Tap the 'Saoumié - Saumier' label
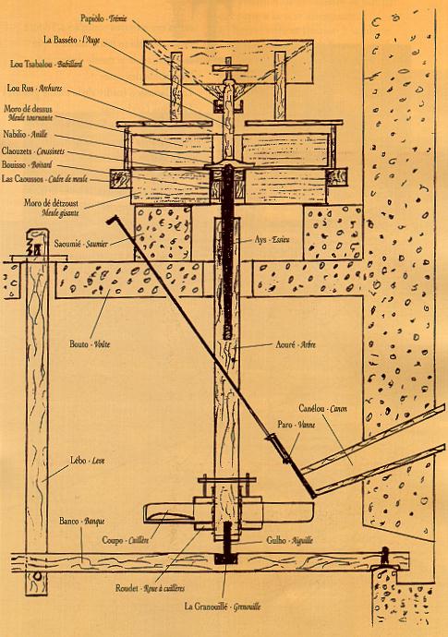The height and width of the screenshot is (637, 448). (80, 244)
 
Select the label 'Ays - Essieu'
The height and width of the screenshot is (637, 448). (275, 238)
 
